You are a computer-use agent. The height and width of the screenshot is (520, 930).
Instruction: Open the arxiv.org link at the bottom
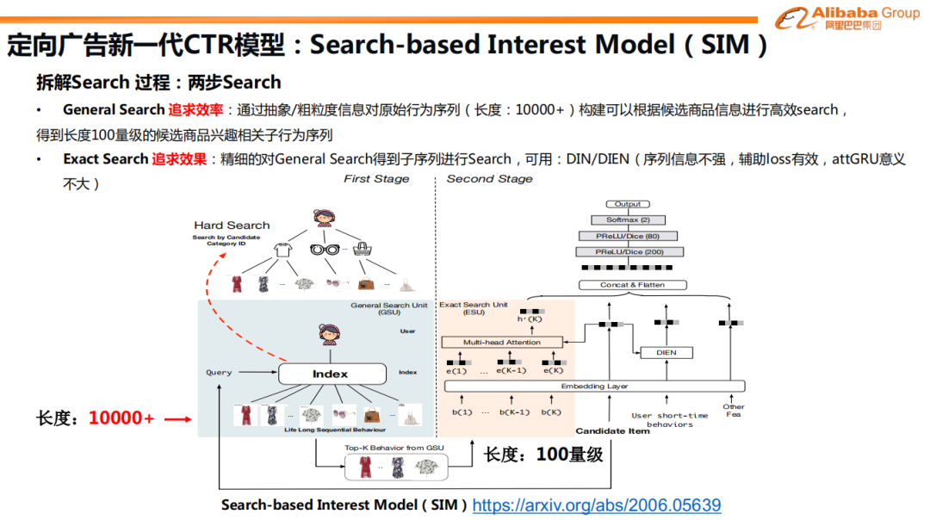coord(596,505)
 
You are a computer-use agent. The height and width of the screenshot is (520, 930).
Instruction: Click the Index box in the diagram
coord(330,374)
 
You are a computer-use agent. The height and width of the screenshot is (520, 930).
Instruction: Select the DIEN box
coord(666,352)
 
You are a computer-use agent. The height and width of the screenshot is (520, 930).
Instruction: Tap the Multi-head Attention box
coord(501,343)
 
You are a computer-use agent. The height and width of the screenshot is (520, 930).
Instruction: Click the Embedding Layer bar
coord(594,387)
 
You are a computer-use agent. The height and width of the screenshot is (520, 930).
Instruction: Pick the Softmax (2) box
coord(628,220)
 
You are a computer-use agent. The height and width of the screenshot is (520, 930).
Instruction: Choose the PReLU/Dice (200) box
coord(628,251)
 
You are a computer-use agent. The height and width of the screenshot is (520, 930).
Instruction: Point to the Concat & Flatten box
coord(632,285)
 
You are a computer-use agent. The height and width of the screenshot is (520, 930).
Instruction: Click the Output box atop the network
coord(628,204)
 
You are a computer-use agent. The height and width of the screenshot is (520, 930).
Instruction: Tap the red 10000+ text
coord(121,418)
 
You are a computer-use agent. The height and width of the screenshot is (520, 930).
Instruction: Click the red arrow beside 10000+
coord(177,419)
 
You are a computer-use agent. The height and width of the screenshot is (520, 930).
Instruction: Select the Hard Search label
coord(232,226)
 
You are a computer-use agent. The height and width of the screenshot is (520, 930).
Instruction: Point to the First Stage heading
coord(376,179)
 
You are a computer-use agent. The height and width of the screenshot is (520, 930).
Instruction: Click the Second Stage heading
coord(489,179)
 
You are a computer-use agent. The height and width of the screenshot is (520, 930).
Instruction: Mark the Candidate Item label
coord(612,431)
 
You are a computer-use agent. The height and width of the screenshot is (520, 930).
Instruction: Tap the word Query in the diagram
coord(219,373)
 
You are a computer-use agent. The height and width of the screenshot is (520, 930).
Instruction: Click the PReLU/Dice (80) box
coord(628,236)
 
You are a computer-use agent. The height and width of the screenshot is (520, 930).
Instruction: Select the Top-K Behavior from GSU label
coord(394,448)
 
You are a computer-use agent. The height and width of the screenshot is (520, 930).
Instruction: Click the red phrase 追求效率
coord(195,109)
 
